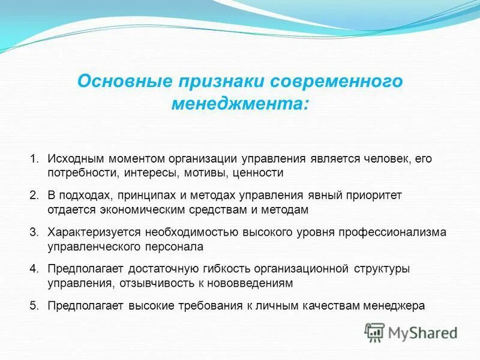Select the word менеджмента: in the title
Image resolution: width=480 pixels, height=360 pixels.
[241, 104]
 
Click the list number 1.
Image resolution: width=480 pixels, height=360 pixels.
[34, 159]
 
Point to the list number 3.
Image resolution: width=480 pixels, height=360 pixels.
[34, 232]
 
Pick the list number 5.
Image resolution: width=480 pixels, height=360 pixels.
[34, 305]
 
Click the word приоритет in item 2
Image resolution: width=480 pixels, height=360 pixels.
[372, 196]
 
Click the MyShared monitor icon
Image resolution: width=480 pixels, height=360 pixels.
[375, 332]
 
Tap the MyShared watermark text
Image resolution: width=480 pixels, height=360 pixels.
[423, 332]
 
